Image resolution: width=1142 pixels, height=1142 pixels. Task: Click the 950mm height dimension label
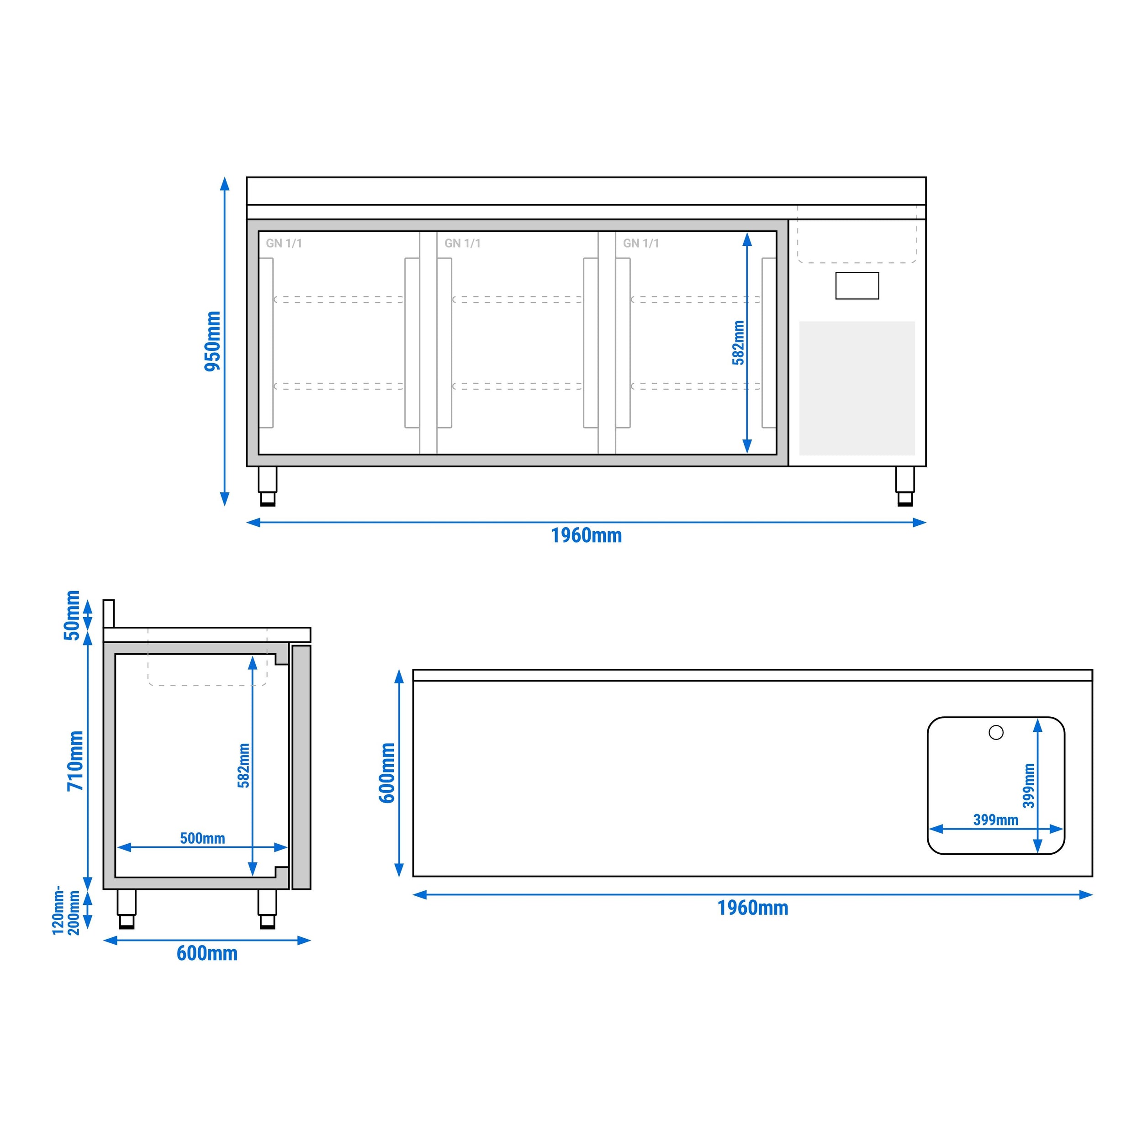coord(212,341)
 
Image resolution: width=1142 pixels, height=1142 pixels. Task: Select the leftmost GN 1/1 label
coord(284,243)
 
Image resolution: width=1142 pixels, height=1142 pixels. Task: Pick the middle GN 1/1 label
coord(462,243)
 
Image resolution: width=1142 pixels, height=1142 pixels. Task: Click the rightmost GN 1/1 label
coord(641,243)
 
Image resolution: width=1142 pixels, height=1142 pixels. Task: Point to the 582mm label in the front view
coord(738,343)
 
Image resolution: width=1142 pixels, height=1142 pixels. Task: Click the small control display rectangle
coord(856,285)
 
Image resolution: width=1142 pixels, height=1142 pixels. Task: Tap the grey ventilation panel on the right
coord(856,388)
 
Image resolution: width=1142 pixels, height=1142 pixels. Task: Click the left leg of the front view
coord(267,486)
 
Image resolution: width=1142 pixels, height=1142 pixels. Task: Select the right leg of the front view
coord(904,486)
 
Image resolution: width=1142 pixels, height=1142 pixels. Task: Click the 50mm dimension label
coord(72,615)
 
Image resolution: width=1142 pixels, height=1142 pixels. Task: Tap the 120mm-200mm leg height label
coord(66,910)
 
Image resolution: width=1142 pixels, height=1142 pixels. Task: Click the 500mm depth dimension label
coord(202,838)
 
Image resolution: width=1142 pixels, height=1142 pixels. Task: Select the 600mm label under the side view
coord(207,953)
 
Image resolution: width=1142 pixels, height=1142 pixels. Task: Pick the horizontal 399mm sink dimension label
coord(995,820)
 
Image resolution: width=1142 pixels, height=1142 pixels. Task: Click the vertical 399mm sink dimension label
coord(1029,786)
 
